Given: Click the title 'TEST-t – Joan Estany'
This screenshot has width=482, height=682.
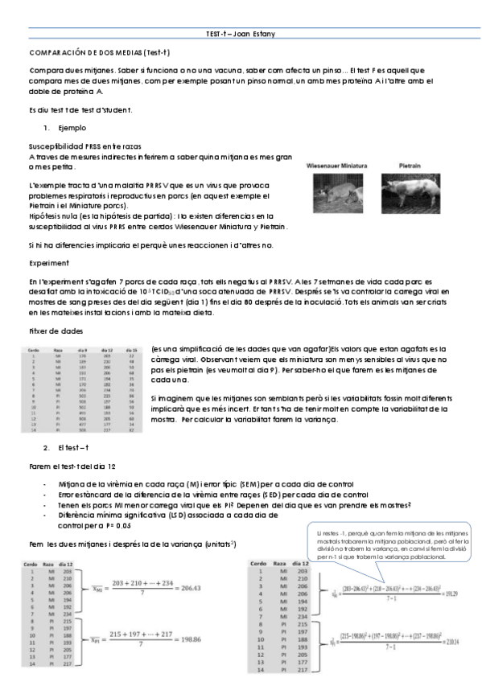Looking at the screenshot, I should click(241, 37).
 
